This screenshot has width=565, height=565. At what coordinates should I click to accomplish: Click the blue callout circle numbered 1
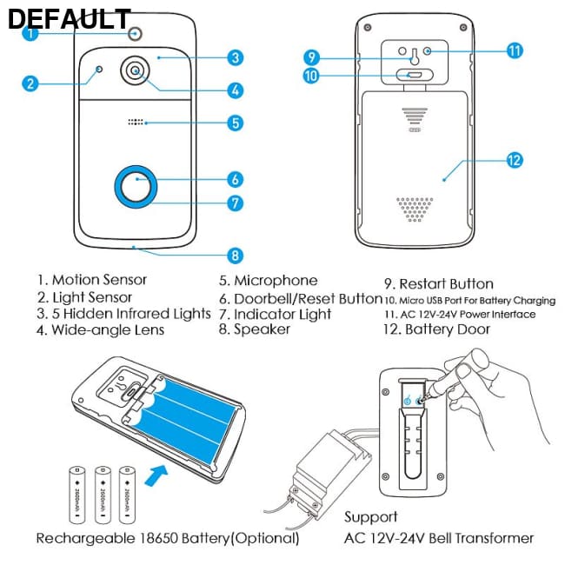(31, 34)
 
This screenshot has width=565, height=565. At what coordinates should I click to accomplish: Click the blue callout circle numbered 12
(514, 160)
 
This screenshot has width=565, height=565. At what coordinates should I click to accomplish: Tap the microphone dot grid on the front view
(136, 123)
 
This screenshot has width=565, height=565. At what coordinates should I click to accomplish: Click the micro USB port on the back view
(412, 76)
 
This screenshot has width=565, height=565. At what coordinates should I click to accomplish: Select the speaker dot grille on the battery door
(415, 209)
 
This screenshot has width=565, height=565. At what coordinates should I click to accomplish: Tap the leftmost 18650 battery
(76, 494)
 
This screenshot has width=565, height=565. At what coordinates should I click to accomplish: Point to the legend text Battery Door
(447, 329)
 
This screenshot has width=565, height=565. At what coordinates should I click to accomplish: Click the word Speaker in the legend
(262, 329)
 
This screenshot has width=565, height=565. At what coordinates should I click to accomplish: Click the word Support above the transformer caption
(371, 517)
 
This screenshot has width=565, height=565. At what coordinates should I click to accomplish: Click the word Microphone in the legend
(276, 281)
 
